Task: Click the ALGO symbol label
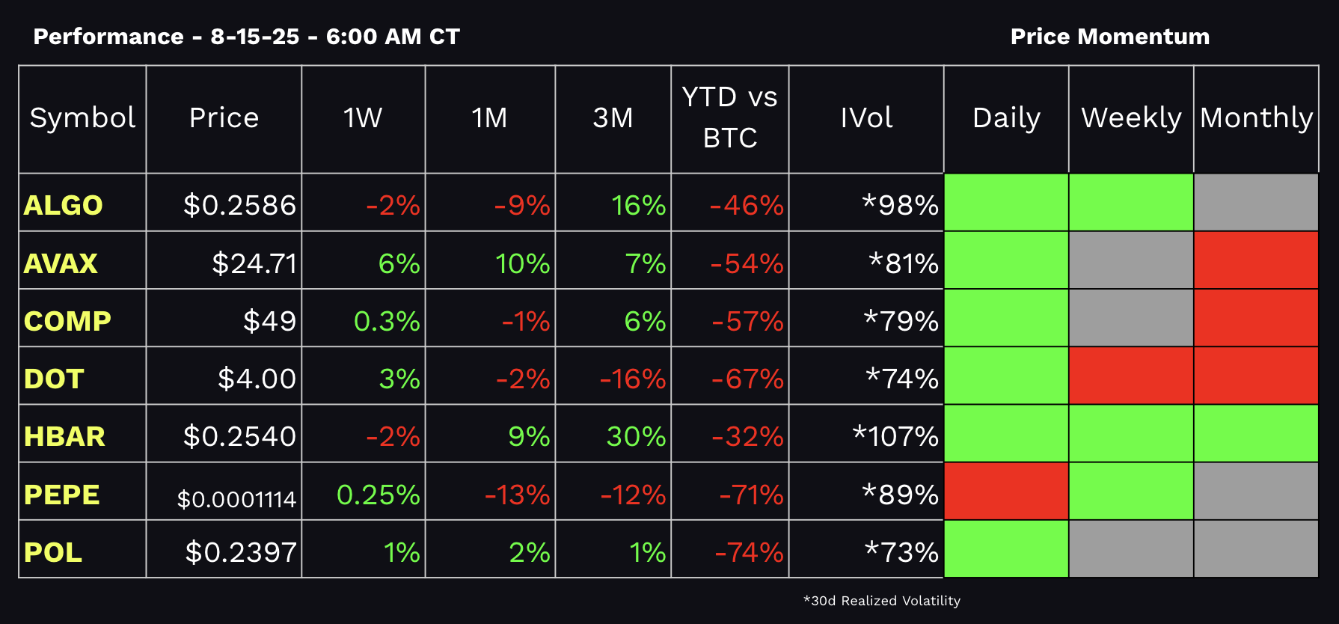pos(63,205)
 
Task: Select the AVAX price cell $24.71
pos(254,263)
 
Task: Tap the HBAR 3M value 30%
pos(635,436)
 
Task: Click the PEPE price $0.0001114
pos(236,499)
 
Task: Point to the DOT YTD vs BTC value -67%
pos(747,379)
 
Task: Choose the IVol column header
pos(866,118)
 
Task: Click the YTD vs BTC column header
pos(729,117)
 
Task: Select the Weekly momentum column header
pos(1131,118)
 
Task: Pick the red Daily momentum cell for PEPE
pos(1006,491)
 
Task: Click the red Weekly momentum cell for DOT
pos(1131,376)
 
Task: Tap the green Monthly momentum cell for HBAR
pos(1256,433)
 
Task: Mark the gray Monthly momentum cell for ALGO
pos(1256,202)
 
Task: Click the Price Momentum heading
pos(1109,37)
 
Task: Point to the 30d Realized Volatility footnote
pos(881,601)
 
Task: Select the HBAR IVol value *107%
pos(895,436)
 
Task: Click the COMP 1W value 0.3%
pos(386,321)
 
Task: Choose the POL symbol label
pos(53,552)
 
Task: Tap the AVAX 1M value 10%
pos(522,263)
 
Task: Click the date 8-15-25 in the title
pos(254,37)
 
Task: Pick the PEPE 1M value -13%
pos(517,495)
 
